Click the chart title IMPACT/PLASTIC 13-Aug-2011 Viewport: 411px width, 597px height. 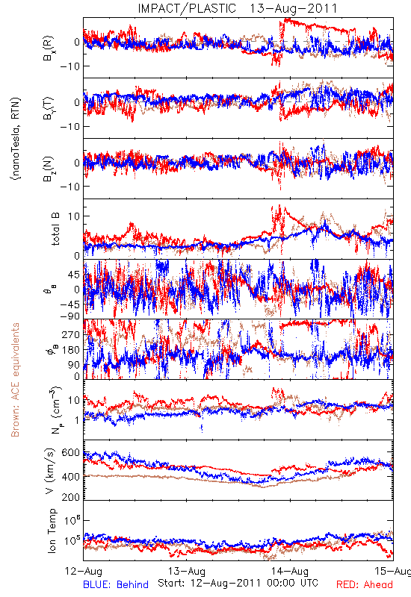[x=238, y=8]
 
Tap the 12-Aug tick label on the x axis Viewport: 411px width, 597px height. [x=84, y=571]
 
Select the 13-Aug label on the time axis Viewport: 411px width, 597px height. [x=187, y=571]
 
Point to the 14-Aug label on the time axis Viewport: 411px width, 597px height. [x=290, y=571]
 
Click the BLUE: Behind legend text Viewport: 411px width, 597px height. [x=116, y=584]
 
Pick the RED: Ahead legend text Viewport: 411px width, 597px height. [x=365, y=584]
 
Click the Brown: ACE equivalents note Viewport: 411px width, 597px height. [x=15, y=380]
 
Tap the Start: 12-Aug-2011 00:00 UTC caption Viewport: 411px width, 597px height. [x=238, y=583]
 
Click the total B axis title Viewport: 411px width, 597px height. [x=55, y=229]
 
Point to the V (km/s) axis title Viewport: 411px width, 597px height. [x=50, y=471]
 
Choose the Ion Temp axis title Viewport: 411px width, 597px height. [x=51, y=531]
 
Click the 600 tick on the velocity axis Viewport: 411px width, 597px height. [x=71, y=453]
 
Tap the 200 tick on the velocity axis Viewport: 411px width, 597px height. [x=71, y=497]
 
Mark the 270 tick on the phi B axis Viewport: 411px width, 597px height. [x=71, y=334]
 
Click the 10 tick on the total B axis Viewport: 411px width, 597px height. [x=74, y=216]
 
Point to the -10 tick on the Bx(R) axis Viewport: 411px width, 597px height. [x=69, y=66]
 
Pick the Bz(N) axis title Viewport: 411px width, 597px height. [x=49, y=169]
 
